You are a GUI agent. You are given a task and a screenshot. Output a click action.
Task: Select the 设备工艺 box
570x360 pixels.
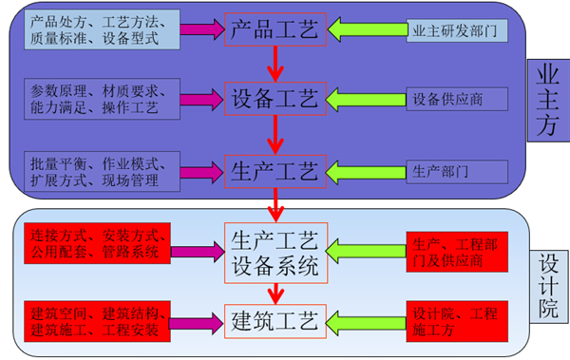[x=275, y=98]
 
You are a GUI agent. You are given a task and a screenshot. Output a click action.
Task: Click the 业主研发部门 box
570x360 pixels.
[x=451, y=31]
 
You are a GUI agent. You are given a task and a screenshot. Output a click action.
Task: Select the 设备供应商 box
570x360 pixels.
[x=451, y=99]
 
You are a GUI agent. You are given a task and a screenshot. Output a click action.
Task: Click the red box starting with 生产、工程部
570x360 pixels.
[x=451, y=251]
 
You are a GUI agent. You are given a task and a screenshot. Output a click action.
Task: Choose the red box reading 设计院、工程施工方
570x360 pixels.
[x=451, y=320]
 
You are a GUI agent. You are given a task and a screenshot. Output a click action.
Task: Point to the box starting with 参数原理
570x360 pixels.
[x=98, y=100]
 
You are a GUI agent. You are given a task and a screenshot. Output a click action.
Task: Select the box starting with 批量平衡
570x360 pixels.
[x=98, y=171]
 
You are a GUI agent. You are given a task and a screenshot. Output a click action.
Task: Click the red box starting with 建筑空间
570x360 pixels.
[x=98, y=320]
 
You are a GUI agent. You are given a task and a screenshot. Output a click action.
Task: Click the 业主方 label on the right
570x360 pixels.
[x=548, y=99]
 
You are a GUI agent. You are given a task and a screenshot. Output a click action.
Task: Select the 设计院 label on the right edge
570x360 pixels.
[x=548, y=282]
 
